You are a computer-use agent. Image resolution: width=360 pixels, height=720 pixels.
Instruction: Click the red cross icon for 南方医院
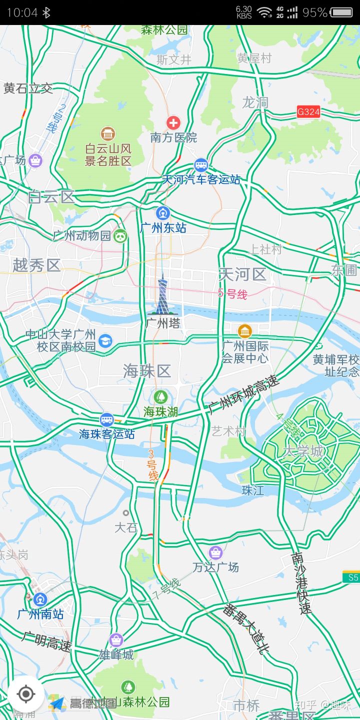(173, 122)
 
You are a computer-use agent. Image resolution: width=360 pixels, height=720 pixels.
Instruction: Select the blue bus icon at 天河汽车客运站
(201, 165)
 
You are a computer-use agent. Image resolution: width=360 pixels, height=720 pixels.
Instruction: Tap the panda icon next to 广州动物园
(120, 235)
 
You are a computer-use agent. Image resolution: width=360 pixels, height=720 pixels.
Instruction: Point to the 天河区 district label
(242, 274)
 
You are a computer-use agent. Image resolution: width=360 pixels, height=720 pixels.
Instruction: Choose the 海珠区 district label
(147, 370)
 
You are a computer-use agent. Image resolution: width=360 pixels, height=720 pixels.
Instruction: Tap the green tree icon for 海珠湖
(160, 397)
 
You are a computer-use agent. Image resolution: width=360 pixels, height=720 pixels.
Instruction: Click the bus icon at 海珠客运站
(106, 419)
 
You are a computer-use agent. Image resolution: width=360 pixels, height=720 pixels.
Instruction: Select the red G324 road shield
(308, 111)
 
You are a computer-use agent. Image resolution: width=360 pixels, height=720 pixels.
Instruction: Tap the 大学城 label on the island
(303, 451)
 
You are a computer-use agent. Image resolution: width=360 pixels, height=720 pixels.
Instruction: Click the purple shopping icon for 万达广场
(215, 552)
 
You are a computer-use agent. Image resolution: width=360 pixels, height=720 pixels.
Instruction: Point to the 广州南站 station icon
(40, 599)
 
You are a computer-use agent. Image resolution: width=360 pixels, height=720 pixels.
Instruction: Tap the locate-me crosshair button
(25, 694)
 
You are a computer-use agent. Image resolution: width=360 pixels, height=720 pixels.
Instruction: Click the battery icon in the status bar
(341, 12)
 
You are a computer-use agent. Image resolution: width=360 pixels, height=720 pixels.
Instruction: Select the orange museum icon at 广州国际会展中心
(244, 331)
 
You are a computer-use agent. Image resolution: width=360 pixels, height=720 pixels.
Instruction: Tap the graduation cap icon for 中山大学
(105, 341)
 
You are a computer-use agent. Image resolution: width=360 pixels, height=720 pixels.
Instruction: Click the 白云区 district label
(51, 197)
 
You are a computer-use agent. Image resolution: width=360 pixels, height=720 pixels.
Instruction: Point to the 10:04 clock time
(22, 12)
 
